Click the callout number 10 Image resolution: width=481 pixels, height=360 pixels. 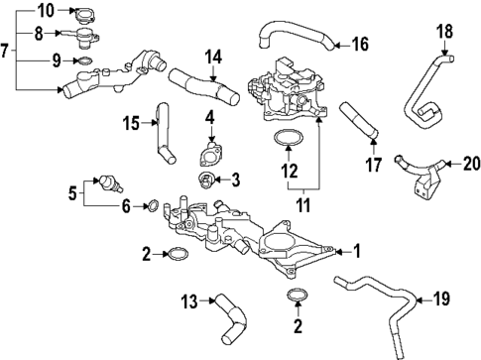pyautogui.click(x=20, y=11)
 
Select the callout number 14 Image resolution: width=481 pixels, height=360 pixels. pyautogui.click(x=212, y=58)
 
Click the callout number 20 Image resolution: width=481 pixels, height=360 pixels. pyautogui.click(x=471, y=163)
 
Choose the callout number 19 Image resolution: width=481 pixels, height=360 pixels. pyautogui.click(x=441, y=298)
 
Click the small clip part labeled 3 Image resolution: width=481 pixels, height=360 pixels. pyautogui.click(x=205, y=180)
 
